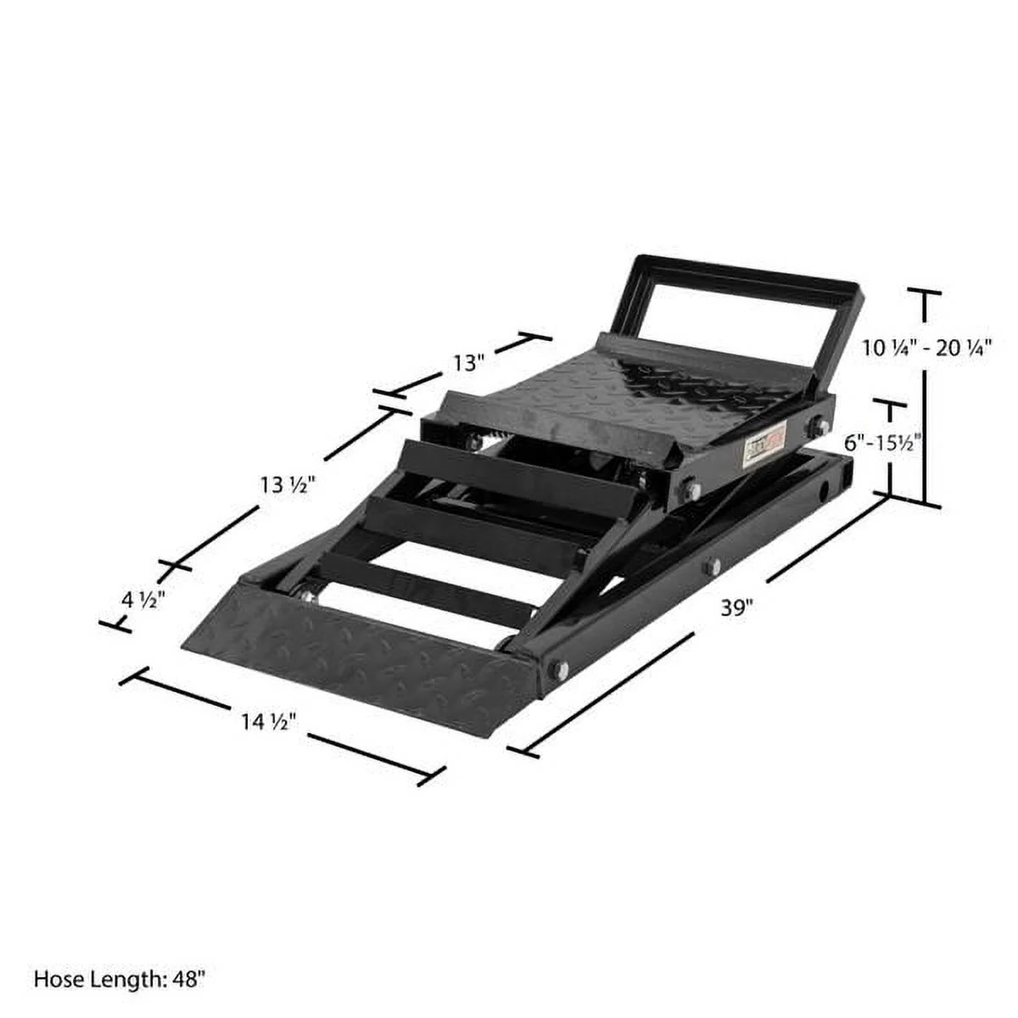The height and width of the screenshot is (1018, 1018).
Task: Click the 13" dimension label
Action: point(467,363)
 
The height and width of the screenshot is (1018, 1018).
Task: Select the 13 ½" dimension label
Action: point(288,485)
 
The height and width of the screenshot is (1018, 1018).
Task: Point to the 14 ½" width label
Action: point(267,722)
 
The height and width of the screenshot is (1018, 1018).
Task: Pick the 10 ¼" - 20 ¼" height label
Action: point(927,348)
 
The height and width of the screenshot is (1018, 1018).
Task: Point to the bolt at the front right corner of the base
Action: point(557,669)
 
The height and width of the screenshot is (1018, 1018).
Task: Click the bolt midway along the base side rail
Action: point(711,566)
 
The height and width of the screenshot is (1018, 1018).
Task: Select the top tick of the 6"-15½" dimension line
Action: point(890,404)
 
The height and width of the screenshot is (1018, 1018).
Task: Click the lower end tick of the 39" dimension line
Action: point(522,750)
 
